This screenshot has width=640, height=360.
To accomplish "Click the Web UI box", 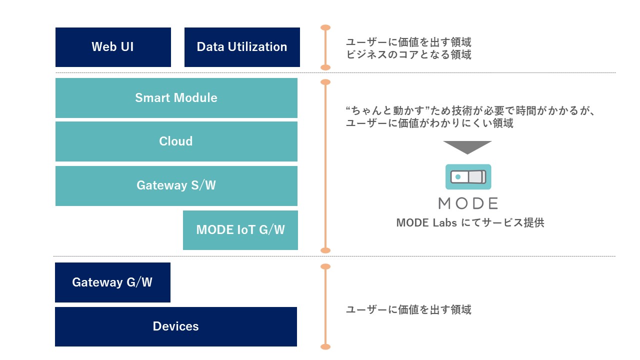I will click(113, 47).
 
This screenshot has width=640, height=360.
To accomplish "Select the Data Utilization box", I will click(242, 47).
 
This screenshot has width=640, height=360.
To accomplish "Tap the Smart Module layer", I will click(176, 97).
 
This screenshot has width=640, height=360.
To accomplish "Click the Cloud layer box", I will click(176, 141).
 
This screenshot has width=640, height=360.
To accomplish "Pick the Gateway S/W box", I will click(176, 185).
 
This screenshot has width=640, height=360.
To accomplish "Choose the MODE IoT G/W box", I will click(240, 230).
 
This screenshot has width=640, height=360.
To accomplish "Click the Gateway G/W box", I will click(112, 282).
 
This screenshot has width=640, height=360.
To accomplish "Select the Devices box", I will click(175, 326).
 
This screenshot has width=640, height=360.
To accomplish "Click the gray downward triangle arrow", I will click(467, 147).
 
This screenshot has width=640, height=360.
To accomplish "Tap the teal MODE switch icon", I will click(468, 176).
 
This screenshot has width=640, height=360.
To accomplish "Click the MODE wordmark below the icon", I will click(468, 203).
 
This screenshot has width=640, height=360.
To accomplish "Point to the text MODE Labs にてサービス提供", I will click(470, 223).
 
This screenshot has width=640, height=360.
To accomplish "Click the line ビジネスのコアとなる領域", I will click(408, 55).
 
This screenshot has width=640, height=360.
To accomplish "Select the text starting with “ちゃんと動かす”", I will click(470, 110).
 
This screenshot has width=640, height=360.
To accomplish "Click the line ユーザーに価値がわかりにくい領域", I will click(429, 123).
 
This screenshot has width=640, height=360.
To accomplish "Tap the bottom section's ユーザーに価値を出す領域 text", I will click(408, 310).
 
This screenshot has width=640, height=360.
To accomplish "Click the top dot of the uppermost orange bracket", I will click(325, 27).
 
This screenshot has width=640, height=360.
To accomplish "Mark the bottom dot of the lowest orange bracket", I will click(325, 346).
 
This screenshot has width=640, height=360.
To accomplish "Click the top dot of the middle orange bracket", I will click(325, 82).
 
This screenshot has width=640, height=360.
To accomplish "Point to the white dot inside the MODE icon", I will click(458, 177).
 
